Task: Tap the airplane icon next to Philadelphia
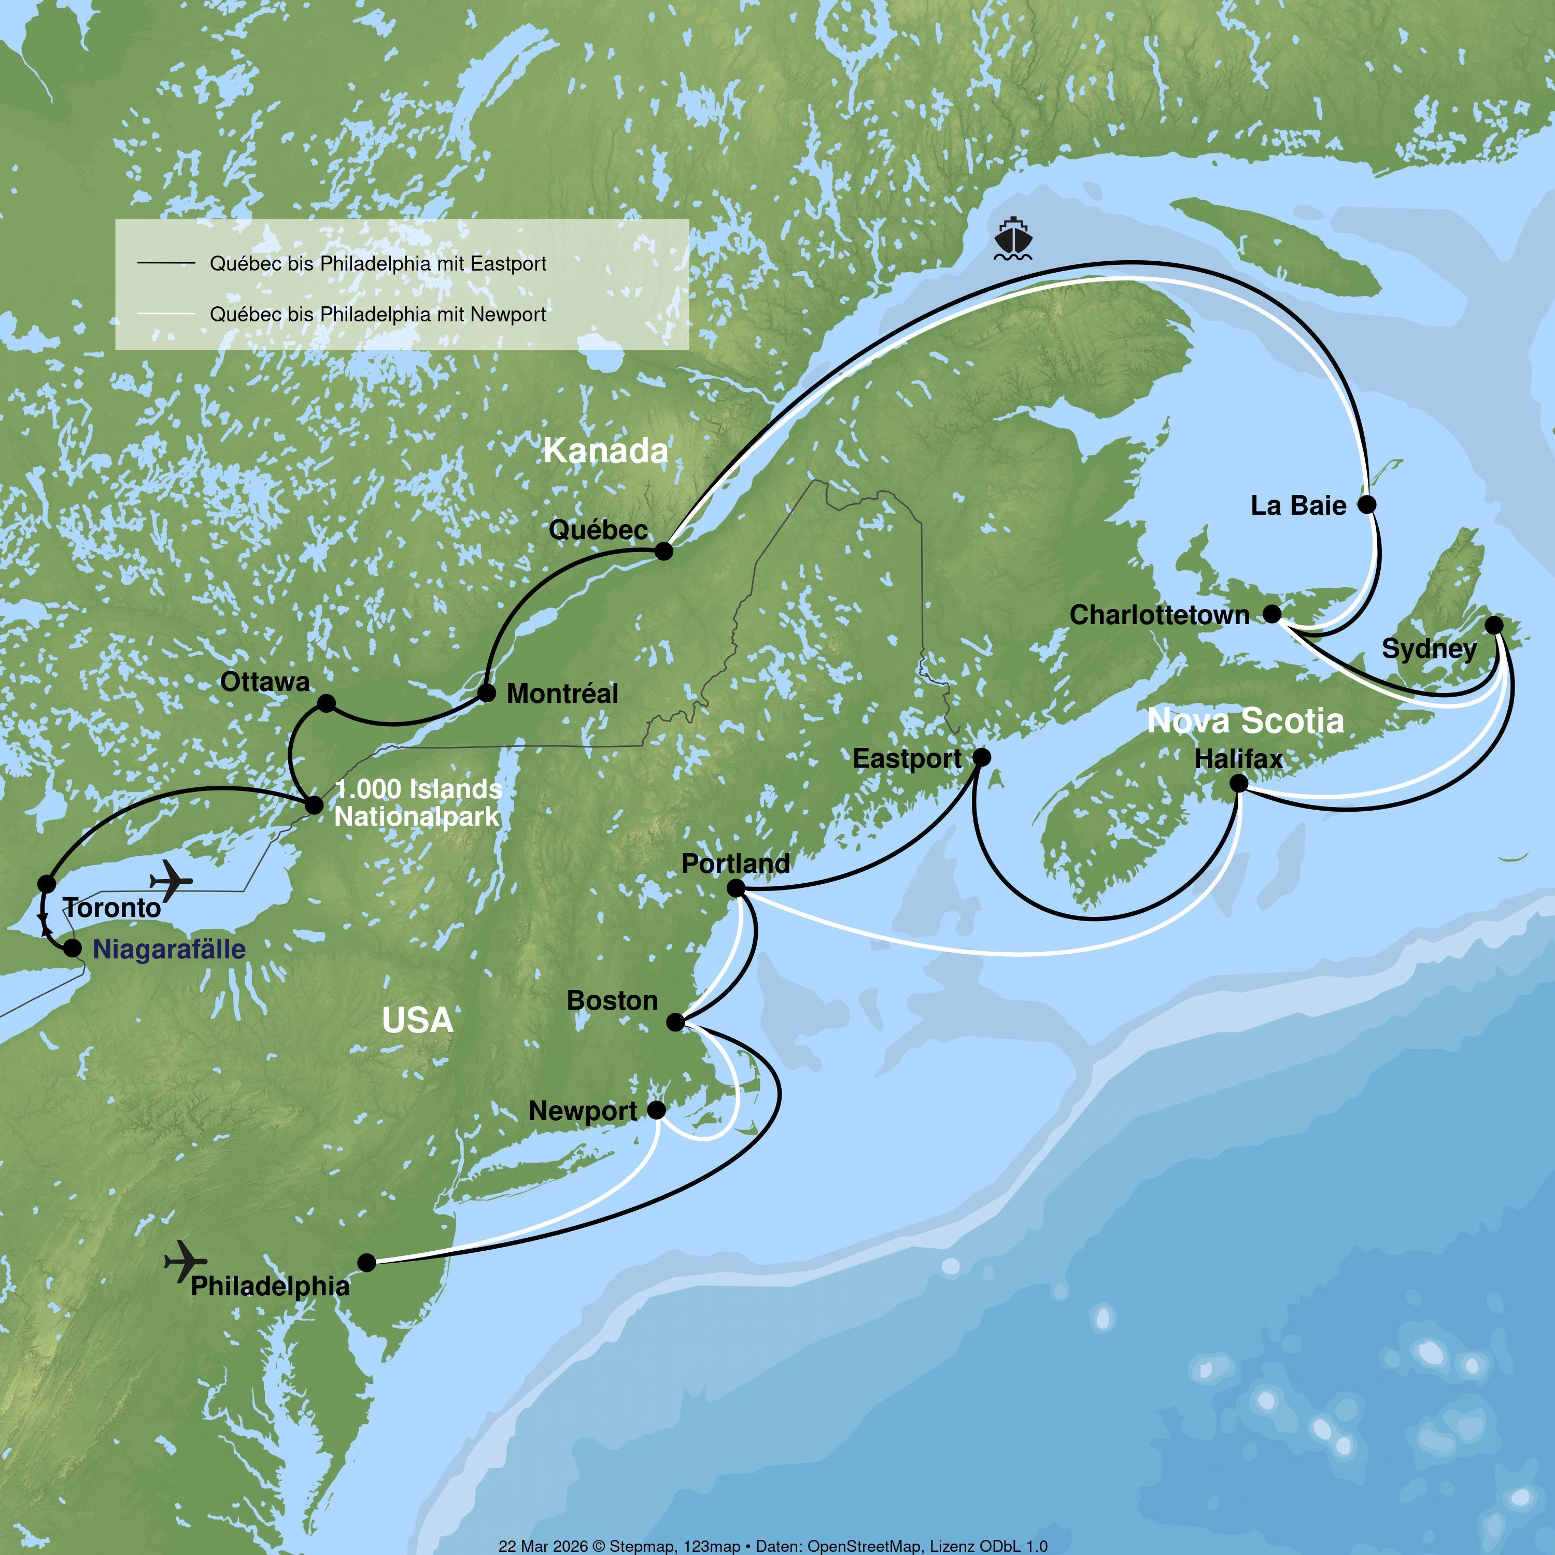[x=185, y=1261]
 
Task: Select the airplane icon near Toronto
[x=172, y=881]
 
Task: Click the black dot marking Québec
[x=664, y=552]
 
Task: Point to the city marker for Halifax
[x=1239, y=783]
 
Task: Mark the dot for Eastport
[x=982, y=757]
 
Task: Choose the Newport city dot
[x=657, y=1110]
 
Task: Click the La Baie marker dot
[x=1367, y=505]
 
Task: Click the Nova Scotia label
[x=1245, y=720]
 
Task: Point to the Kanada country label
[x=605, y=451]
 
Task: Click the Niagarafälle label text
[x=169, y=949]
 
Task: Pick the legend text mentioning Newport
[x=377, y=314]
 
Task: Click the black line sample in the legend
[x=166, y=263]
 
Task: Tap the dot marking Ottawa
[x=326, y=703]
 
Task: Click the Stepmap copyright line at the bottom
[x=773, y=1545]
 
